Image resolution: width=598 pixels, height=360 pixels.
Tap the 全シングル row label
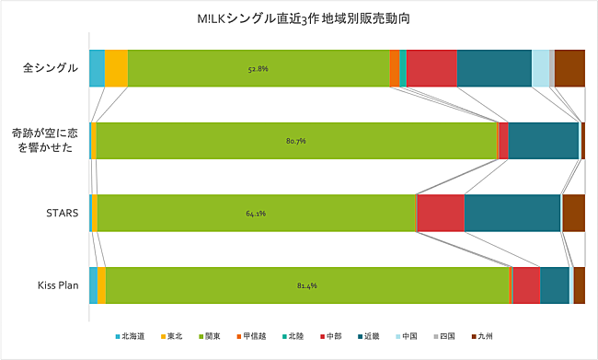(x=52, y=68)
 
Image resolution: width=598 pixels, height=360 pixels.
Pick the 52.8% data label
(x=258, y=69)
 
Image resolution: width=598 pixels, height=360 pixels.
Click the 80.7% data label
(x=295, y=141)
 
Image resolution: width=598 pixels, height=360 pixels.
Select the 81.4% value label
(x=307, y=285)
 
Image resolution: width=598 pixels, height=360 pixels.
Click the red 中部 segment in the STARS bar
(x=441, y=213)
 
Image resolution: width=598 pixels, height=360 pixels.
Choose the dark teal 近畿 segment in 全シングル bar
(x=494, y=68)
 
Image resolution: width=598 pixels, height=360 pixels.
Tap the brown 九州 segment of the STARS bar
(x=573, y=213)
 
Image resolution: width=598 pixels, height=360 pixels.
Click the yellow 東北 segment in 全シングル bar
(x=116, y=68)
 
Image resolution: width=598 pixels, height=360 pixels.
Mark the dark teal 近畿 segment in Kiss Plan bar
(x=554, y=285)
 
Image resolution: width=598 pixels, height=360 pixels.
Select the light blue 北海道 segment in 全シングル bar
(x=97, y=68)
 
